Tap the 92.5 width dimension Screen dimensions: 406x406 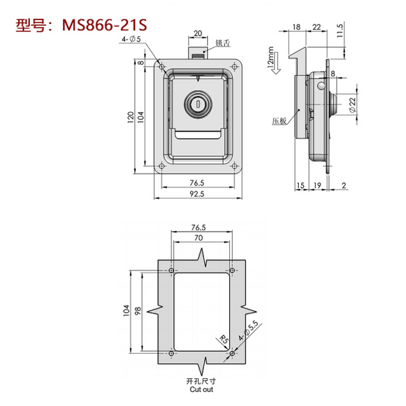point(198,193)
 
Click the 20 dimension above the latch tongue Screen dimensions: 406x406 point(198,33)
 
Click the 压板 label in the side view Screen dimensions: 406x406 point(279,121)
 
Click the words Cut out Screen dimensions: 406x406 point(202,389)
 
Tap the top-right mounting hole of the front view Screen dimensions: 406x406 point(233,66)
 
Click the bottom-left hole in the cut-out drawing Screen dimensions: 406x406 point(171,353)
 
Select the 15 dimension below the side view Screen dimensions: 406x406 point(300,186)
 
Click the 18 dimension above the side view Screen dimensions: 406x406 point(297,26)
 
